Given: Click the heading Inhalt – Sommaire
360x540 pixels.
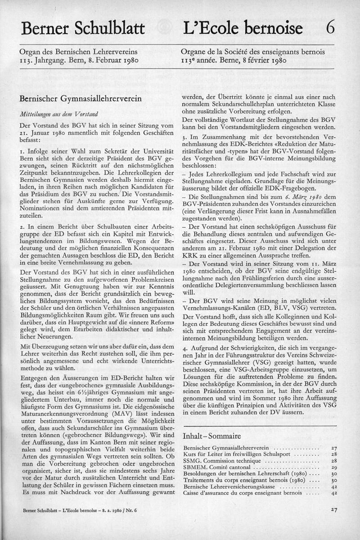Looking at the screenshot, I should [x=211, y=436].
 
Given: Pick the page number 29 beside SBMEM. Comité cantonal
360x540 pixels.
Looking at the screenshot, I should [x=333, y=468].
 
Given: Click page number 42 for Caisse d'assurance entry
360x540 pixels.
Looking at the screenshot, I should [x=333, y=493].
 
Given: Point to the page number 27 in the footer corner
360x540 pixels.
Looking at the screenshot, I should [x=333, y=510].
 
